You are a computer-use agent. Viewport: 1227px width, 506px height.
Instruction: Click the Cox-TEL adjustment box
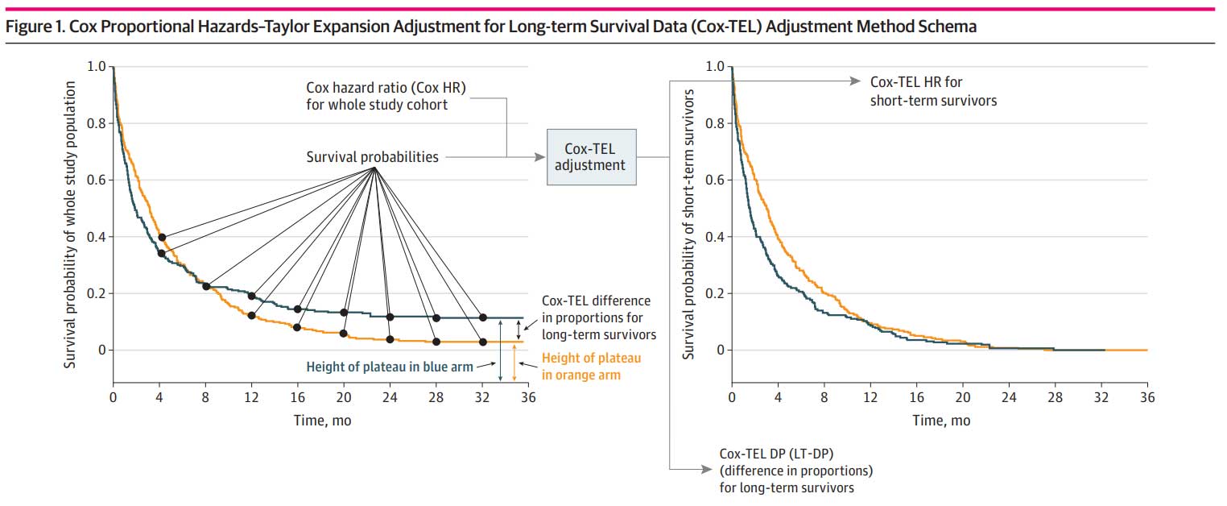[591, 156]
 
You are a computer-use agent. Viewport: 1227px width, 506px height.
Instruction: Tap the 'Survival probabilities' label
[373, 157]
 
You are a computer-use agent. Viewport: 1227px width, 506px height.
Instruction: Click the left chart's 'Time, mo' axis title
[320, 420]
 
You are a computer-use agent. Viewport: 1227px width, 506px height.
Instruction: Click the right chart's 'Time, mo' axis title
[940, 420]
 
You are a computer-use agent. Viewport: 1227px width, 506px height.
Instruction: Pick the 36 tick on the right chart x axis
[1147, 397]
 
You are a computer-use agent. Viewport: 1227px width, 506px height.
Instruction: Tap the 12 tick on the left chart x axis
[251, 397]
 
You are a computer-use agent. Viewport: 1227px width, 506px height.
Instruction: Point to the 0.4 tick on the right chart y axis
[714, 237]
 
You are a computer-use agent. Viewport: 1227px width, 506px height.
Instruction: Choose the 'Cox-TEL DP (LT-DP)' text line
[774, 454]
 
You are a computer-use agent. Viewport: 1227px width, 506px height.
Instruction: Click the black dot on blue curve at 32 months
[483, 317]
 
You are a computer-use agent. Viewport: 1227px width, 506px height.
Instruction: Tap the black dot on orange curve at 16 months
[297, 327]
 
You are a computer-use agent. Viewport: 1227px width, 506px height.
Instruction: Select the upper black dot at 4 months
[162, 237]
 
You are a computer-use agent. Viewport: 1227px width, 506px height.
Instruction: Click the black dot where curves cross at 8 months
[206, 286]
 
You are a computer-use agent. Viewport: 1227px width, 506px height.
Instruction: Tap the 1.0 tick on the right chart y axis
[714, 66]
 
